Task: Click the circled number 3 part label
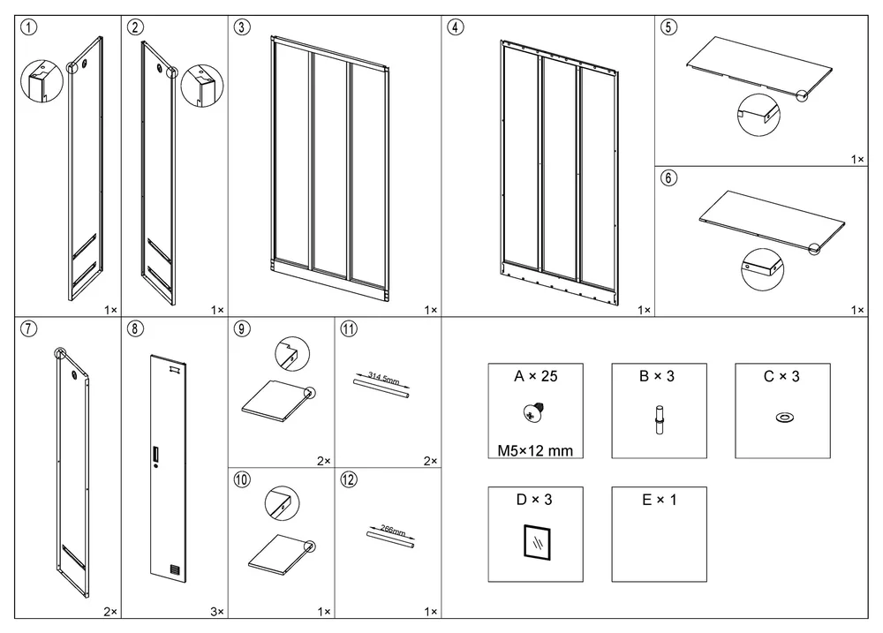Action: point(242,27)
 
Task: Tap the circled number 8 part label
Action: point(135,328)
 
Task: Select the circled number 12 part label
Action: point(349,479)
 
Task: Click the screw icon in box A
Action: point(533,412)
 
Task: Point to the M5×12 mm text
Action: point(535,450)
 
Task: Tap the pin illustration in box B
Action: point(659,419)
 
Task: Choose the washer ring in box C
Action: point(783,418)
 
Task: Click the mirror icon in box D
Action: point(537,542)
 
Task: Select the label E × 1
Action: point(660,500)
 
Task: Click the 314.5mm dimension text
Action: point(383,378)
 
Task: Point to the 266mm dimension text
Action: point(393,530)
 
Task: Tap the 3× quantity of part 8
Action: point(217,612)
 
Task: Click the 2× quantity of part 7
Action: point(110,612)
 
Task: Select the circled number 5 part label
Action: point(668,27)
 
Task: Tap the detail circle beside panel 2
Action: point(201,86)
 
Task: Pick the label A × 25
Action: point(536,376)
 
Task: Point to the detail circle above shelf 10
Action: point(283,503)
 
